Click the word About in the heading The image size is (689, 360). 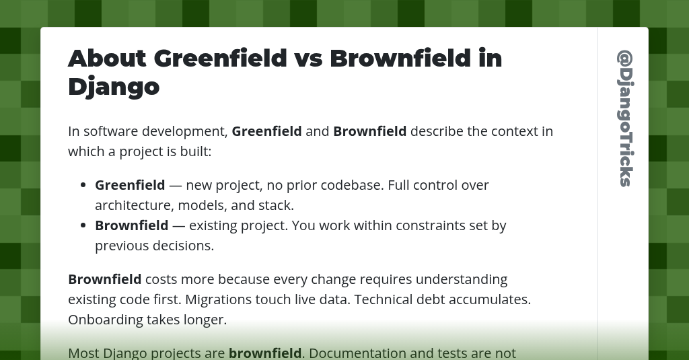click(x=107, y=59)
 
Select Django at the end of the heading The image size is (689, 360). click(x=114, y=87)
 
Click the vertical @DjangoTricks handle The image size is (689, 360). click(x=625, y=118)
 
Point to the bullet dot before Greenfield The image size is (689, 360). click(x=83, y=185)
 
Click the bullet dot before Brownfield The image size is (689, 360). click(x=83, y=225)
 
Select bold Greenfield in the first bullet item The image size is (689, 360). click(x=130, y=185)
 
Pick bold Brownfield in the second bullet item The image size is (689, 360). click(x=131, y=225)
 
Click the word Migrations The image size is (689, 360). click(x=217, y=299)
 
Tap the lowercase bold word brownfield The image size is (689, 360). click(x=265, y=353)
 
